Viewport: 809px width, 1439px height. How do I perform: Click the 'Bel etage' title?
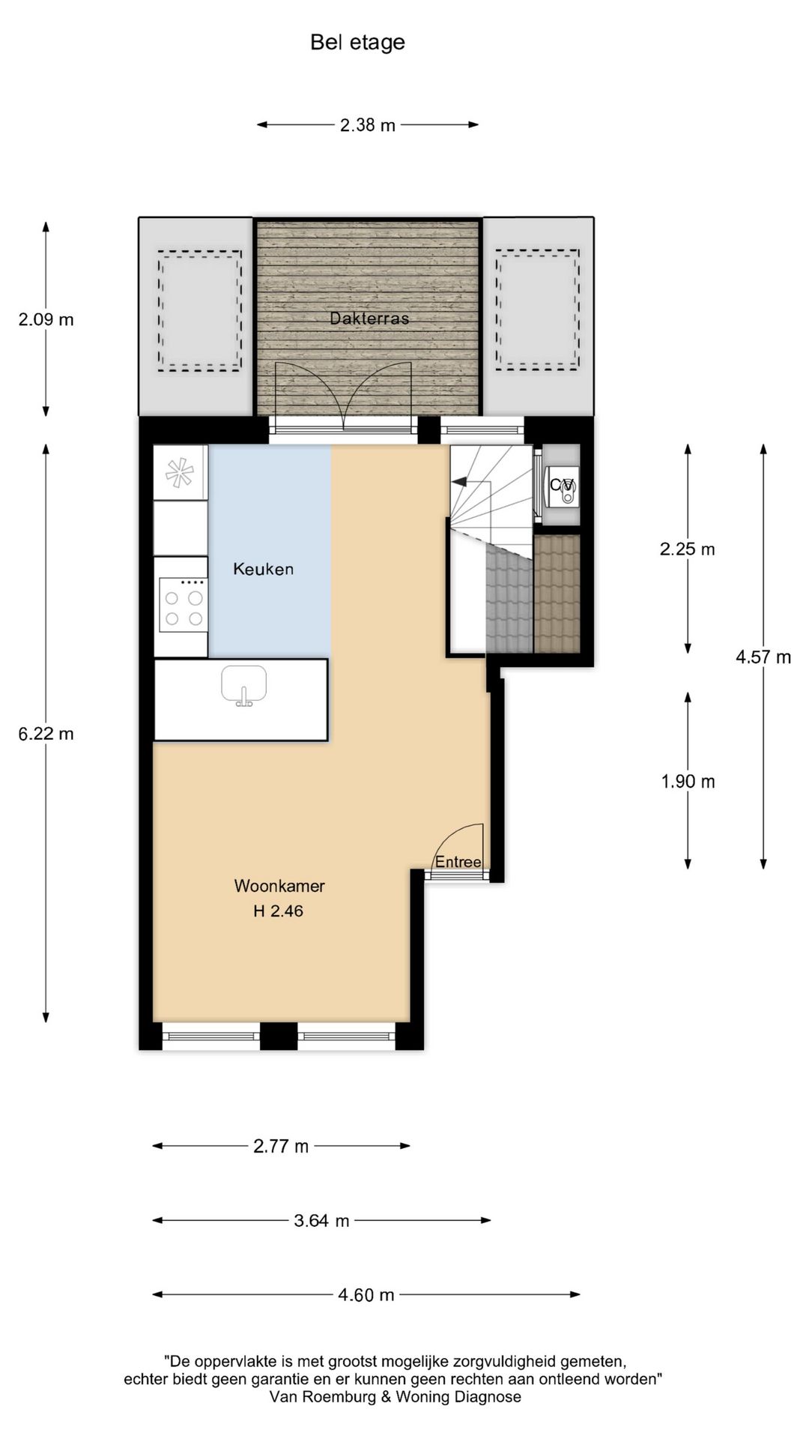pyautogui.click(x=357, y=43)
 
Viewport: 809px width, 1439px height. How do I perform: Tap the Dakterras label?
pyautogui.click(x=369, y=319)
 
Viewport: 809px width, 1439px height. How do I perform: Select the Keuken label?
pyautogui.click(x=263, y=569)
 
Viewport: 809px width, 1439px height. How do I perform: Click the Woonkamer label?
pyautogui.click(x=279, y=886)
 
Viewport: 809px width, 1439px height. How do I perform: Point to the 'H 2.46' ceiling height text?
pyautogui.click(x=278, y=911)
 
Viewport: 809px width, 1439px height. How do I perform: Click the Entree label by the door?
pyautogui.click(x=458, y=862)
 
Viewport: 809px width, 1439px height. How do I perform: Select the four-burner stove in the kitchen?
pyautogui.click(x=184, y=606)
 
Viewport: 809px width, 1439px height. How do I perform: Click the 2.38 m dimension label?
pyautogui.click(x=367, y=125)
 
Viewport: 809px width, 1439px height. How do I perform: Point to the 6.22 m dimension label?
pyautogui.click(x=46, y=734)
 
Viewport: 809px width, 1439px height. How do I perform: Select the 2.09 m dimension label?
pyautogui.click(x=46, y=320)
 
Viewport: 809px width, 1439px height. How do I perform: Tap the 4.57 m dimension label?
pyautogui.click(x=763, y=657)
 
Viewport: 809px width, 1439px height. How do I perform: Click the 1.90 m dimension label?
pyautogui.click(x=688, y=782)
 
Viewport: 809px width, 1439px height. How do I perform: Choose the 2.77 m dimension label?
pyautogui.click(x=281, y=1146)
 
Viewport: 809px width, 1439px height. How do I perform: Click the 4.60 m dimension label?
pyautogui.click(x=366, y=1295)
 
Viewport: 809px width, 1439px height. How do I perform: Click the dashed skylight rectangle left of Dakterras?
pyautogui.click(x=199, y=311)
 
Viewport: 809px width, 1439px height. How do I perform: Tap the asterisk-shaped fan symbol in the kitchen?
pyautogui.click(x=181, y=472)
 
